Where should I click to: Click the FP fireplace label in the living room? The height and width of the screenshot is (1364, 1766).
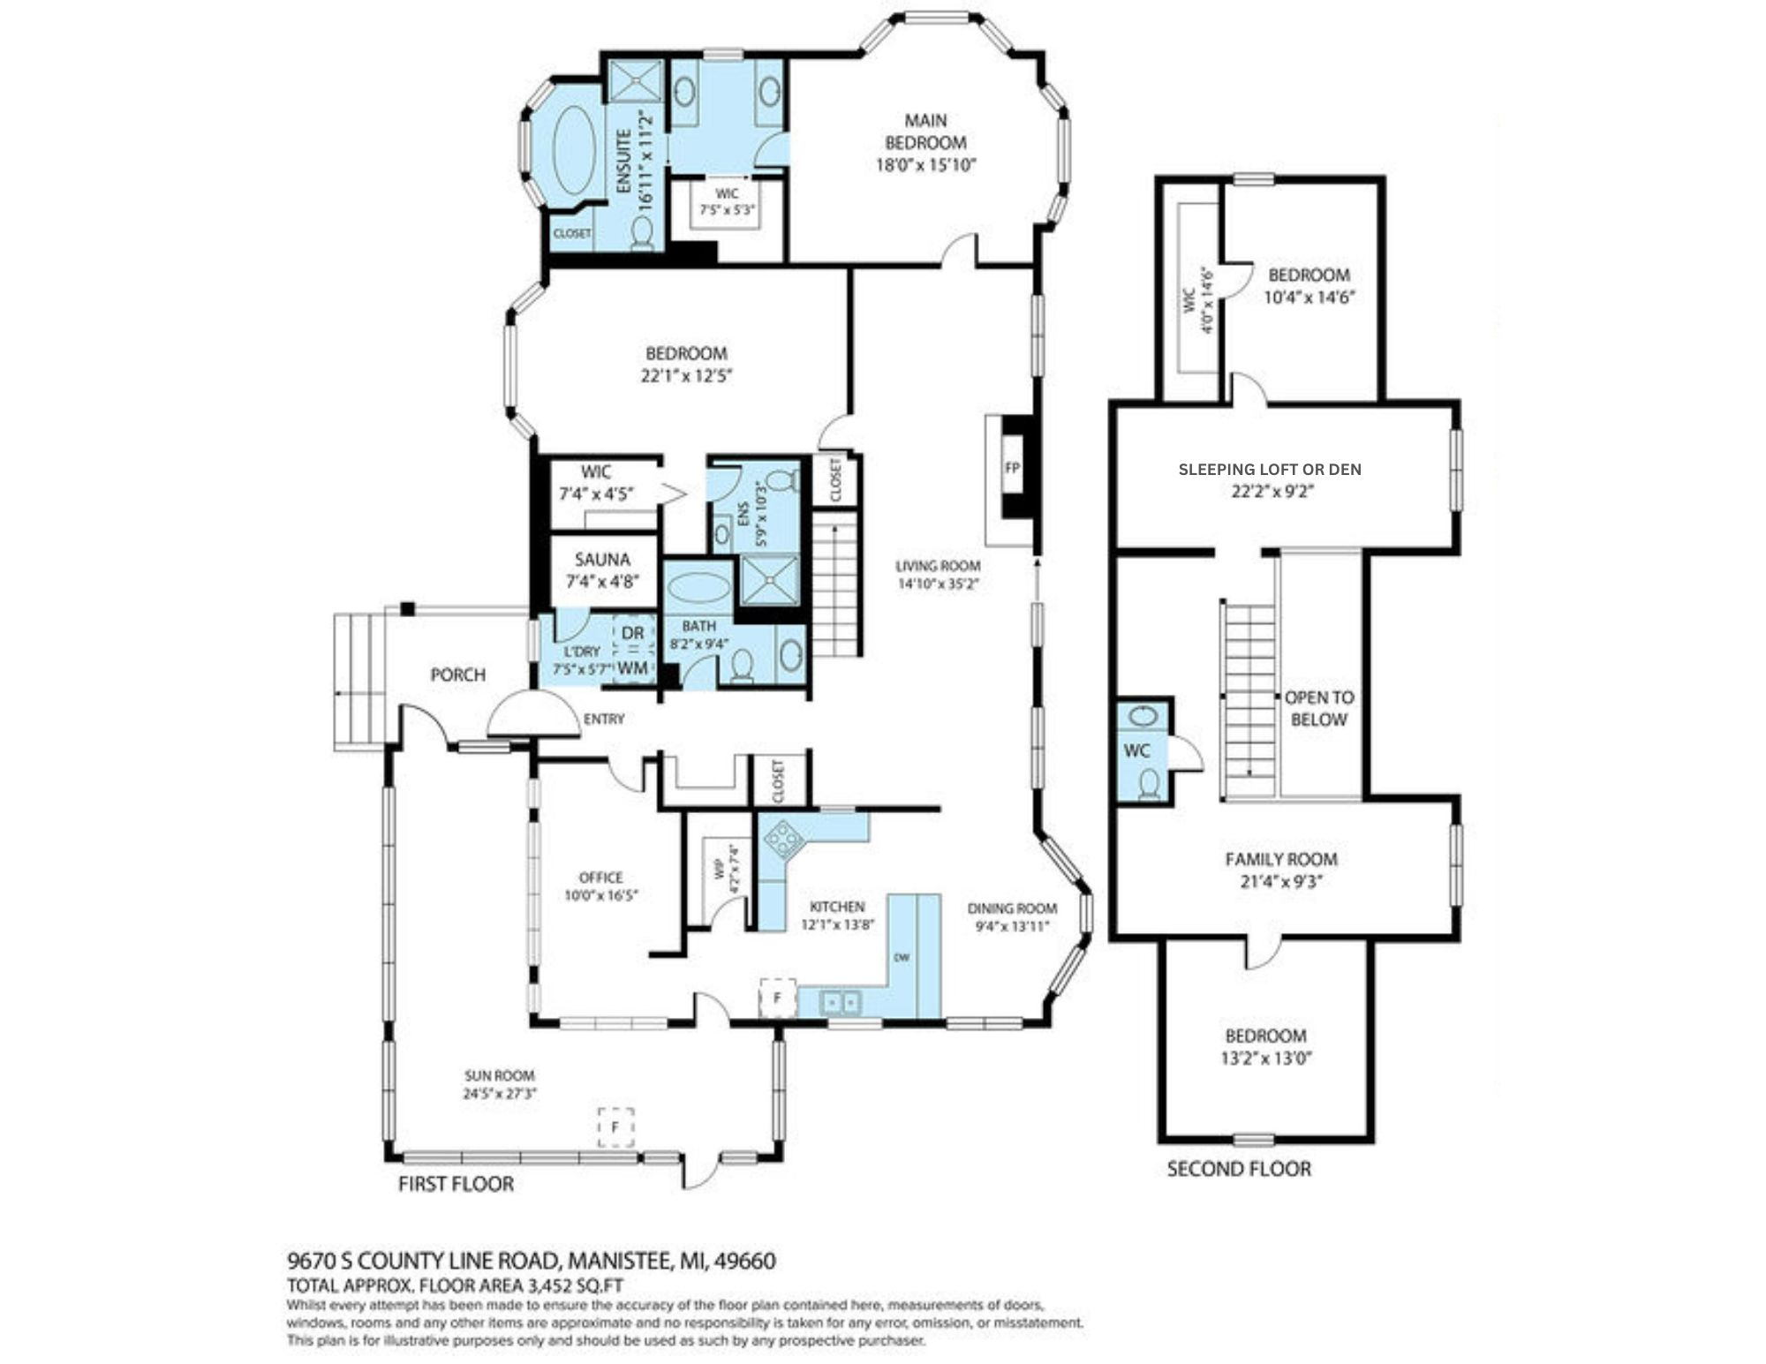pos(1012,468)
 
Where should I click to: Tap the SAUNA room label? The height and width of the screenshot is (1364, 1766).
pos(602,560)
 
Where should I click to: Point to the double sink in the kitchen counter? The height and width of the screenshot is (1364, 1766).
pos(841,1002)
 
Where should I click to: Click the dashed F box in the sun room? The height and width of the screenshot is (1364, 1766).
pos(615,1127)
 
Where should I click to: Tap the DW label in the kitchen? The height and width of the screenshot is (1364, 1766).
pos(902,958)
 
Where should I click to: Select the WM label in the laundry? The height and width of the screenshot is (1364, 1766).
pos(632,667)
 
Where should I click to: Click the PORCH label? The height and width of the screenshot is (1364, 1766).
pos(457,675)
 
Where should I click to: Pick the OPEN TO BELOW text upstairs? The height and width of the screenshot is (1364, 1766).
pos(1318,708)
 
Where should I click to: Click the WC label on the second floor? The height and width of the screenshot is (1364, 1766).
pos(1136,751)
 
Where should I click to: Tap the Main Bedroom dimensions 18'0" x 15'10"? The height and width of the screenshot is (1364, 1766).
pos(925,165)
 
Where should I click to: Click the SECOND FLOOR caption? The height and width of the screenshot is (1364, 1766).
pos(1239,1170)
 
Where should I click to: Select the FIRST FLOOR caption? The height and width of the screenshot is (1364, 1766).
pos(456,1184)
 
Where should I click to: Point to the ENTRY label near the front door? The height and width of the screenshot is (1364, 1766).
pos(604,720)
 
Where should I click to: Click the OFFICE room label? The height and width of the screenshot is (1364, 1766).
pos(600,878)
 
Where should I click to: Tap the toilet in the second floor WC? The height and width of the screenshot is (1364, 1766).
pos(1149,783)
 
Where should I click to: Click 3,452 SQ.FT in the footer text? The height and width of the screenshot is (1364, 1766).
pos(577,1285)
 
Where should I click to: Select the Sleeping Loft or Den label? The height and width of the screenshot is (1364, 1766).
pos(1269,470)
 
